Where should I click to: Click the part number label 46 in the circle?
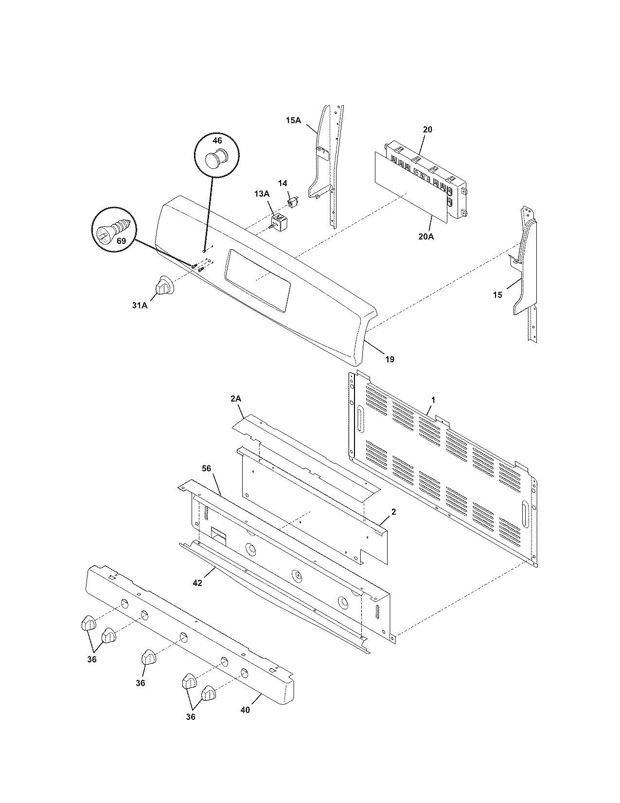(x=217, y=140)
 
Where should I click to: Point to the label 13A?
(x=261, y=194)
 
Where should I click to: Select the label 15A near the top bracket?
(x=293, y=120)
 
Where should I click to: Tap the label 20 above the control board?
(x=427, y=129)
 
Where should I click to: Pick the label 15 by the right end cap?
(x=497, y=295)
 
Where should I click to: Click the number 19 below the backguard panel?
(x=390, y=360)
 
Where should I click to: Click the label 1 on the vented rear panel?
(x=433, y=400)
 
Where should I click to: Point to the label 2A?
(x=236, y=399)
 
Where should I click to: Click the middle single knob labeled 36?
(x=148, y=657)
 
